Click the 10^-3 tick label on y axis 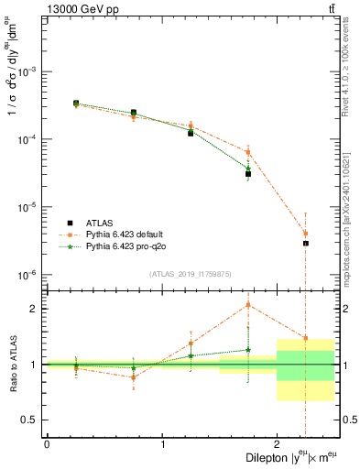(29, 71)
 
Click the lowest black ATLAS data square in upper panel (305, 244)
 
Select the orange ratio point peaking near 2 (248, 305)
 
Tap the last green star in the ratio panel (248, 349)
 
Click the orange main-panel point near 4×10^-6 (305, 234)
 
